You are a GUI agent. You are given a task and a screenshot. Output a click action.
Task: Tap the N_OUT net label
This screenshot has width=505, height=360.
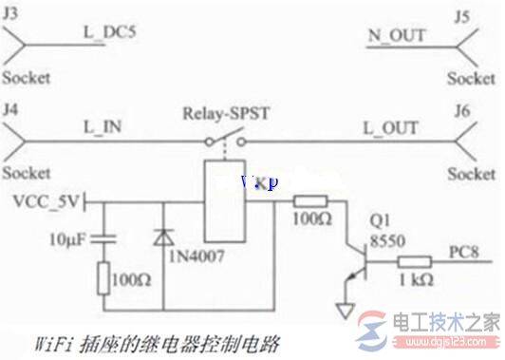click(396, 35)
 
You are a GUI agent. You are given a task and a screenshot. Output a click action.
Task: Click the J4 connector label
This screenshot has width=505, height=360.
click(12, 108)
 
